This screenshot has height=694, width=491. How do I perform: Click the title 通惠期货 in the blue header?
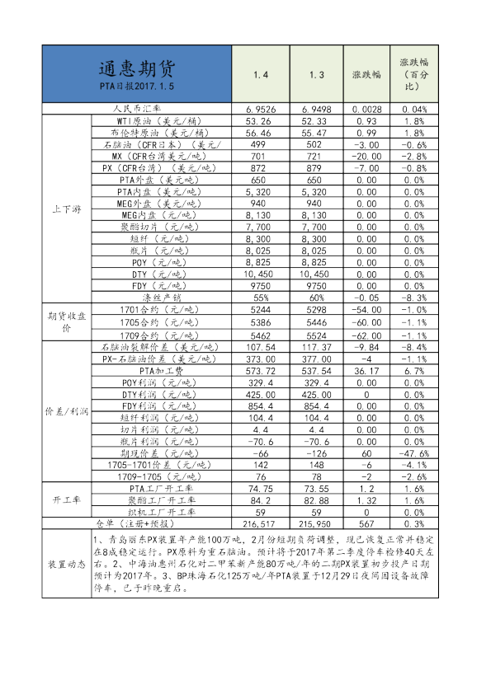pos(137,67)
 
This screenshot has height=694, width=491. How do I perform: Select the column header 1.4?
pos(261,75)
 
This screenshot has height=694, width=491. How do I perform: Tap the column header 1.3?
pos(317,75)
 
